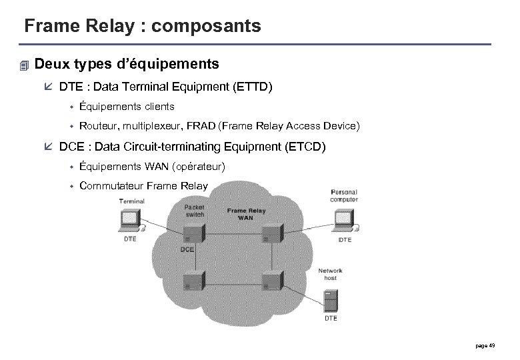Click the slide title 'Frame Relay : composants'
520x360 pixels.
click(142, 26)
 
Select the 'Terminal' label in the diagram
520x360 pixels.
click(131, 201)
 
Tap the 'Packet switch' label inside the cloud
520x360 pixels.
click(194, 211)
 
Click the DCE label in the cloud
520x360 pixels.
click(187, 250)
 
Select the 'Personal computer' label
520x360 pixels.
click(344, 196)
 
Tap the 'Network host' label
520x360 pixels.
click(330, 274)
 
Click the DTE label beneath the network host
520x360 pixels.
click(331, 319)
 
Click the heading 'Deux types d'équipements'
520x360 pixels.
click(126, 65)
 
